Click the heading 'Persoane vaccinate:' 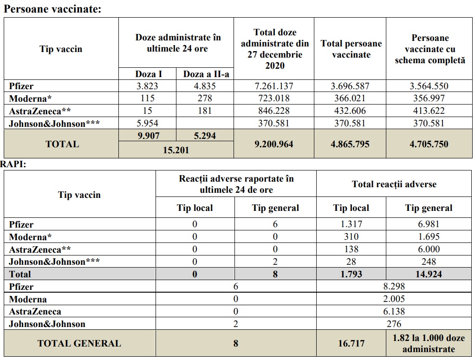52,8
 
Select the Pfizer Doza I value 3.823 147,86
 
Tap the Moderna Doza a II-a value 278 205,98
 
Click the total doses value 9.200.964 274,144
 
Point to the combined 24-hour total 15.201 176,150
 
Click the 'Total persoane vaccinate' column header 351,49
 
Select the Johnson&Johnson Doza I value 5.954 147,123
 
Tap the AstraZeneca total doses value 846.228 274,111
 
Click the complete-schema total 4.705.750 429,144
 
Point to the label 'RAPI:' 13,164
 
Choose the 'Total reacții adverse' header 394,184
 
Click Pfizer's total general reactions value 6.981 429,224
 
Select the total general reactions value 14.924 429,274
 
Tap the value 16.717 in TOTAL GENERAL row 351,343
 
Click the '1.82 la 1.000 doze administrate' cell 429,343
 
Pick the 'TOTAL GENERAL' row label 79,343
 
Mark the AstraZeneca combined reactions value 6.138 394,312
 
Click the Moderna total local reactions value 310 351,236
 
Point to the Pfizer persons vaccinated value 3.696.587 351,86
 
